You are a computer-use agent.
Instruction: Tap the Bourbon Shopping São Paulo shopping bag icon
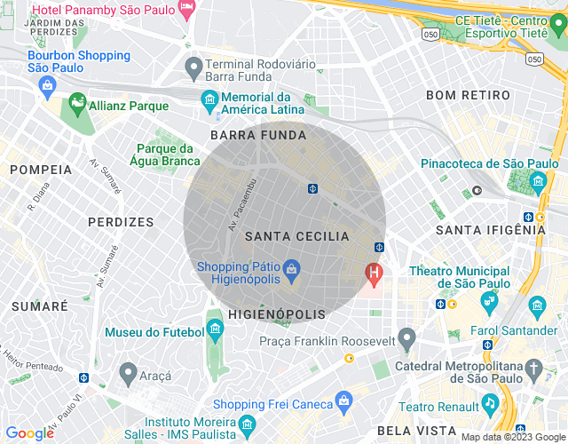(49, 85)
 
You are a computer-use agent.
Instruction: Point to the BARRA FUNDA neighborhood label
(258, 135)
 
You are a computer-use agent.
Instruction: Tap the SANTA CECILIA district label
(297, 236)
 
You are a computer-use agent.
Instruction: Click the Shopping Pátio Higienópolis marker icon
(290, 267)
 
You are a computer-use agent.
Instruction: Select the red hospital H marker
(374, 274)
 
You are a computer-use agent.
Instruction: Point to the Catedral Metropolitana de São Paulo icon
(533, 368)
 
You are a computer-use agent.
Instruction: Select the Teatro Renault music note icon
(489, 405)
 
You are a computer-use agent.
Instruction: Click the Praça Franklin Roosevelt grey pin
(406, 337)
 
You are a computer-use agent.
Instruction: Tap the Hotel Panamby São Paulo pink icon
(186, 8)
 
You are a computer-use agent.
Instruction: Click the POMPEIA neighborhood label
(40, 169)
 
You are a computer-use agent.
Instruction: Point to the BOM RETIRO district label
(468, 95)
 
